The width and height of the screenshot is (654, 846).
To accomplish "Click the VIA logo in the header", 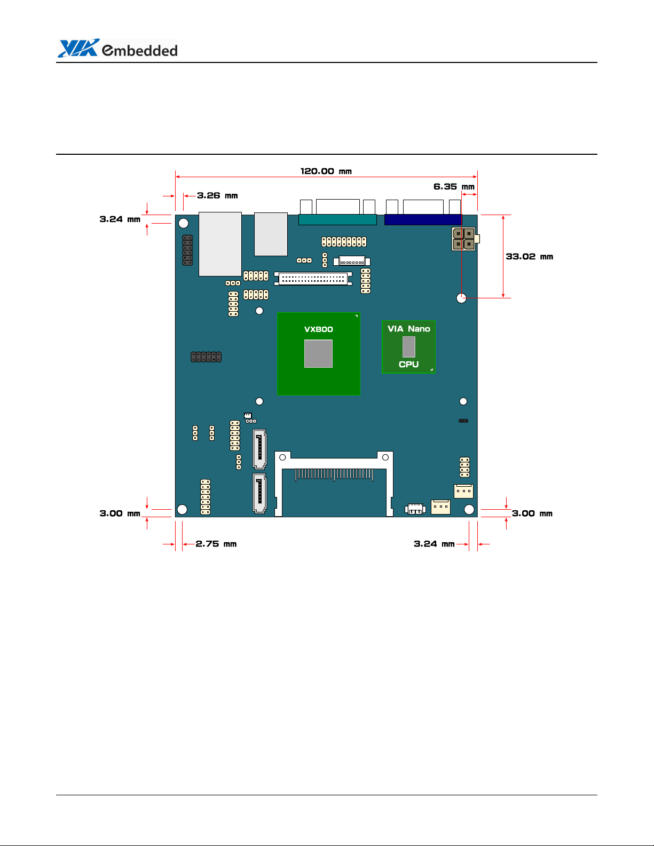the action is (x=78, y=48).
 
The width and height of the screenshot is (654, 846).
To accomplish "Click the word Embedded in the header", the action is (x=140, y=50).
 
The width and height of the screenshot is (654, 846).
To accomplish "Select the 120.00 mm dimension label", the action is (x=326, y=171).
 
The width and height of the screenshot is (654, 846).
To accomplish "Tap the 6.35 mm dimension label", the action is (x=454, y=187).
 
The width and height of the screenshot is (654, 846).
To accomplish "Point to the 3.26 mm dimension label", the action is (x=217, y=195).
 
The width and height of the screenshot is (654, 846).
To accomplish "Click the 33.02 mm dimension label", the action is (x=530, y=257).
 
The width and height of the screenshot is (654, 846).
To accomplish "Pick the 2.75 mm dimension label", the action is (x=216, y=544).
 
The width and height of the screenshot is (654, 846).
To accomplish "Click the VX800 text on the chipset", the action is (x=318, y=329).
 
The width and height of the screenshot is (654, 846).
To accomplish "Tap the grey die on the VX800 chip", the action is (x=318, y=353).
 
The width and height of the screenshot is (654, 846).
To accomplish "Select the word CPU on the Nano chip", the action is (x=409, y=365).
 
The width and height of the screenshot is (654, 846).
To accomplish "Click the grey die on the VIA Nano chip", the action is (x=409, y=347).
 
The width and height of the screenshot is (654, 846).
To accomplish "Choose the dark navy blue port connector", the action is (x=423, y=219).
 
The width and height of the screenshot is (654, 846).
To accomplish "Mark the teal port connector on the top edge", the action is (x=337, y=219).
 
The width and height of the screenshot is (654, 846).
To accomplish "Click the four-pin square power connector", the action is (x=464, y=239).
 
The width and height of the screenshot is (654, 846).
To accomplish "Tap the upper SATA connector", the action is (x=259, y=449).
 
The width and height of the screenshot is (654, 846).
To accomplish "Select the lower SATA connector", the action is (x=259, y=493).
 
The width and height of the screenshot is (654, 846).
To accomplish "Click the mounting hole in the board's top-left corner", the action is (x=183, y=223).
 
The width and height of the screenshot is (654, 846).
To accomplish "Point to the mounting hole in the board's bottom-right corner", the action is (x=469, y=510).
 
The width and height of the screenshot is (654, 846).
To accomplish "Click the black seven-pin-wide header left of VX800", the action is (x=206, y=357).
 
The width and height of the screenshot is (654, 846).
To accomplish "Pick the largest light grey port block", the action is (x=220, y=244).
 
